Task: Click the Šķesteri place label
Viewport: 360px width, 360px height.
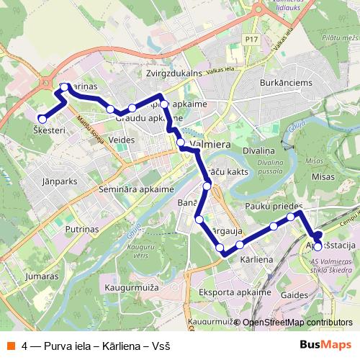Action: pyautogui.click(x=50, y=130)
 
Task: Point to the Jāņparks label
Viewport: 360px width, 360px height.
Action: pyautogui.click(x=60, y=181)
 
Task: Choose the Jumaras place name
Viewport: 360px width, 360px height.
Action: pyautogui.click(x=40, y=276)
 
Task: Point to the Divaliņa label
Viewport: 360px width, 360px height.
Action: pyautogui.click(x=258, y=151)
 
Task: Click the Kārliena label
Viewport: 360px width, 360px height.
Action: pyautogui.click(x=256, y=258)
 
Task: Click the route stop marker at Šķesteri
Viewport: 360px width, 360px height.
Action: pyautogui.click(x=42, y=119)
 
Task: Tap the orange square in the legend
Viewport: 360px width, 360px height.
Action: pyautogui.click(x=12, y=344)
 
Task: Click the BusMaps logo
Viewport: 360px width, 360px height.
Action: pyautogui.click(x=324, y=344)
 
